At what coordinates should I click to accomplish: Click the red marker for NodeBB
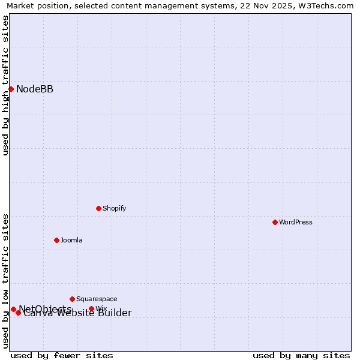click(x=11, y=89)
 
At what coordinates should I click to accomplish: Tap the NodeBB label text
click(x=35, y=89)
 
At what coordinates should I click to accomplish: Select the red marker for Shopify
click(x=98, y=208)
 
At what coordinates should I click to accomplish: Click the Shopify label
click(x=115, y=208)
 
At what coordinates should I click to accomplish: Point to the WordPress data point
click(x=275, y=222)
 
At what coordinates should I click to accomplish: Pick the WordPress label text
click(x=296, y=222)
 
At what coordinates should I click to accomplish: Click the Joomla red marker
click(x=56, y=240)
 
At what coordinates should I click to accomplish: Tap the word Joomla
click(x=71, y=240)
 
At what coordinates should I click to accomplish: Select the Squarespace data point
click(x=72, y=299)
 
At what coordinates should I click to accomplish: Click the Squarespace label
click(x=97, y=299)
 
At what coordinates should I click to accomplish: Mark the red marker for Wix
click(x=91, y=309)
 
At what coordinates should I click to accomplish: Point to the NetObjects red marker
click(x=13, y=309)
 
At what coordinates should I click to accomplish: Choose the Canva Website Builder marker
click(x=18, y=313)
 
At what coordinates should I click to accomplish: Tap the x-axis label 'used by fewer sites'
click(x=62, y=355)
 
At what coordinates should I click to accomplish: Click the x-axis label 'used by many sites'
click(x=301, y=355)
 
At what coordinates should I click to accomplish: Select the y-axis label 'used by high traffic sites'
click(x=5, y=85)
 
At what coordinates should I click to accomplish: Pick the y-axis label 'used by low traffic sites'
click(x=5, y=281)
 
